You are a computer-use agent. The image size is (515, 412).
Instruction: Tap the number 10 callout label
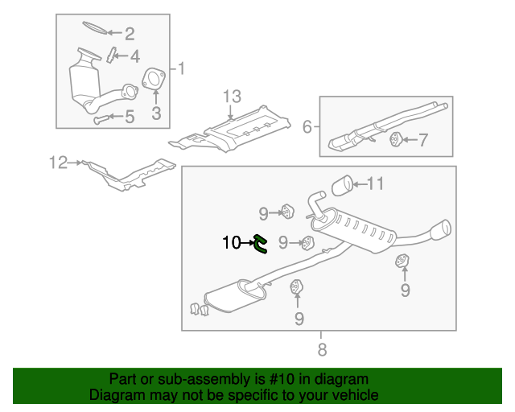point(231,241)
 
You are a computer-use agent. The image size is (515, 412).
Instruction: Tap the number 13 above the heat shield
point(232,97)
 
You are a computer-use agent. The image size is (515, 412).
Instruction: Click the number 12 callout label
point(58,163)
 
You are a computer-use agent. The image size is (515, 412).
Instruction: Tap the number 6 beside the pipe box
point(307,126)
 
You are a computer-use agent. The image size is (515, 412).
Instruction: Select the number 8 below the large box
point(321,348)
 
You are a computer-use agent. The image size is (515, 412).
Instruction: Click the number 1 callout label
point(181,68)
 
